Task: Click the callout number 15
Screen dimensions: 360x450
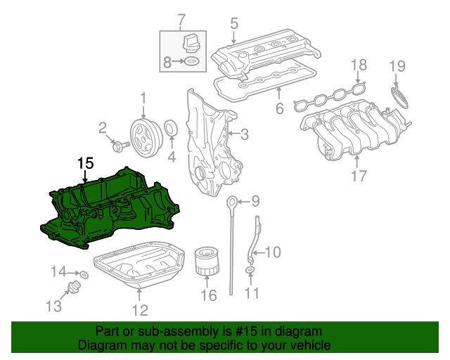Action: pos(85,163)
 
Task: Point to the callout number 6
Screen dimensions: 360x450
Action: pos(278,108)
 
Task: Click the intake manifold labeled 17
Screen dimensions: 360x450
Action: pos(352,130)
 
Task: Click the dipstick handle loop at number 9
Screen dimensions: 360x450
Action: pos(232,204)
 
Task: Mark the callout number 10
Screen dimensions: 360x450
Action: pos(272,252)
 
